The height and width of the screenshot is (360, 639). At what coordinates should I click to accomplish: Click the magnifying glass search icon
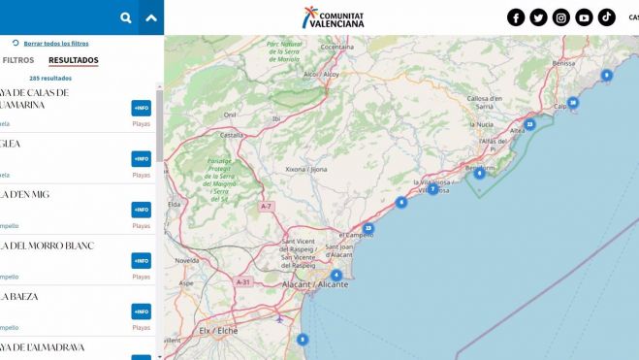tap(126, 17)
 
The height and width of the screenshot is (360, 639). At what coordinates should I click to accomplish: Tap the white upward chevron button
tap(150, 17)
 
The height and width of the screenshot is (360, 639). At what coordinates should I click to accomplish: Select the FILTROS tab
tap(18, 60)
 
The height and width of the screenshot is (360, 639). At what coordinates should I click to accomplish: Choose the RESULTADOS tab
tap(74, 60)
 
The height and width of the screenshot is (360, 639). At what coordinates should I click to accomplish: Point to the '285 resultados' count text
tap(50, 78)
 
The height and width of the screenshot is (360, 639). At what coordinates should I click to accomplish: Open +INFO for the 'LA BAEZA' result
tap(142, 311)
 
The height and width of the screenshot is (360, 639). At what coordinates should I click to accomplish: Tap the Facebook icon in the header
tap(516, 17)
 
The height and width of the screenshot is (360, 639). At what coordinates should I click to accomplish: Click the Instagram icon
tap(561, 17)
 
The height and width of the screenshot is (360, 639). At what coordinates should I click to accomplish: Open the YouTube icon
tap(584, 17)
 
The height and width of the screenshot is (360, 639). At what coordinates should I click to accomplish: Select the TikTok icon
tap(606, 17)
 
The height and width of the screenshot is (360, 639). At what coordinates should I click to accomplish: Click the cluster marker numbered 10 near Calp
tap(573, 103)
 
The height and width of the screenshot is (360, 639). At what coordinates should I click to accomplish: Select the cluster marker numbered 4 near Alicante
tap(336, 275)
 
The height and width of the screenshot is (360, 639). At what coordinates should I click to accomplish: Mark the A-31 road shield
tap(243, 281)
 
